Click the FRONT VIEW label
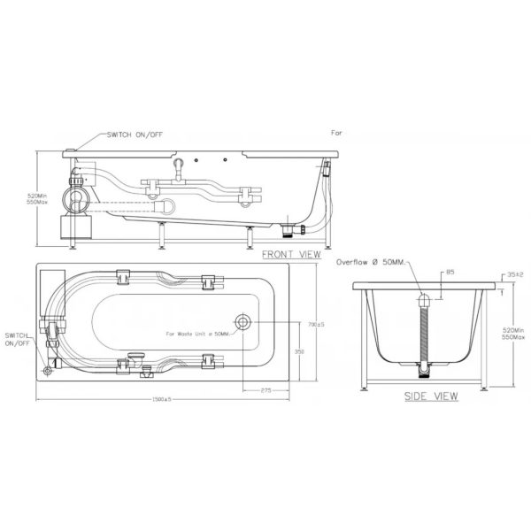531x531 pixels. (x=291, y=254)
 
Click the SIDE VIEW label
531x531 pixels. (x=431, y=396)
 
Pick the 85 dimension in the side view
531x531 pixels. (x=451, y=273)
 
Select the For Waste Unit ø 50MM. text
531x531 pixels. (x=197, y=334)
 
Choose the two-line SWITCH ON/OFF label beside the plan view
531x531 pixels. (x=17, y=340)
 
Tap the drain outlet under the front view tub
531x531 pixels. (x=289, y=232)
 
